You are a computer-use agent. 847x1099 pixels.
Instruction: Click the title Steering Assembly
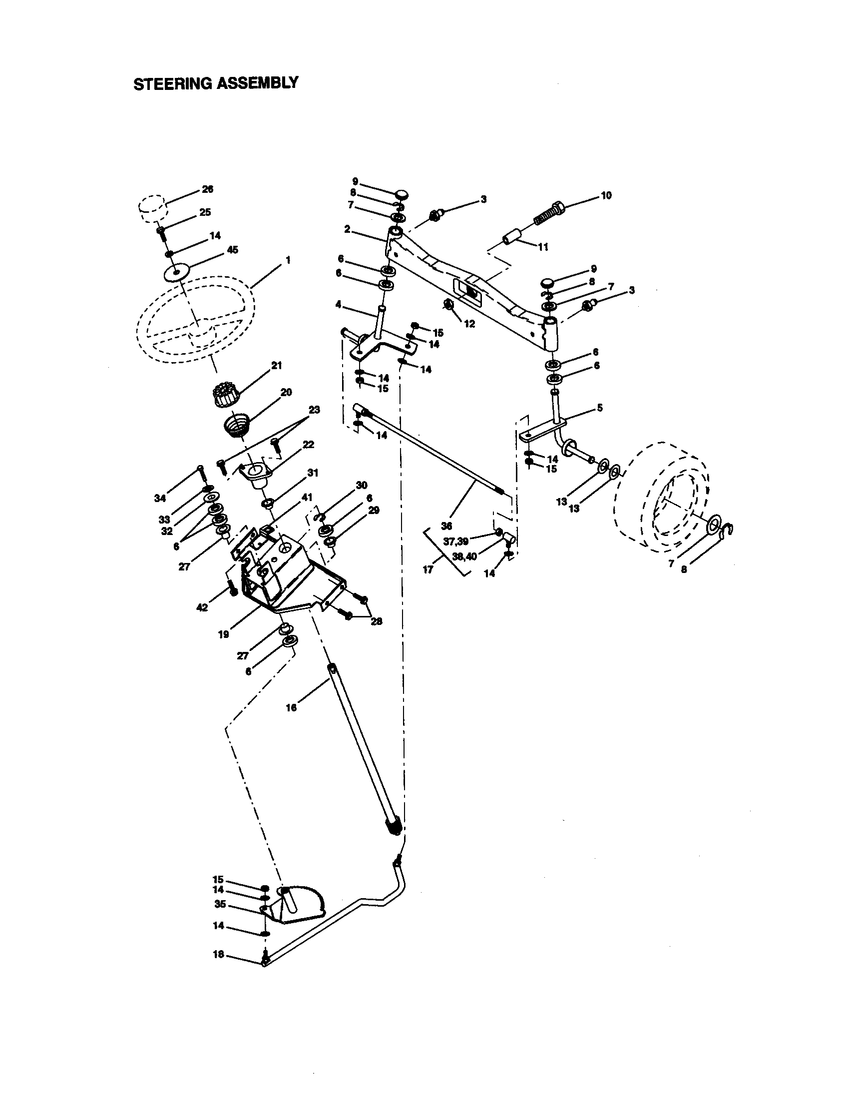tap(216, 83)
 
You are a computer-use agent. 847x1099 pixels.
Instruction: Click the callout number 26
tap(208, 189)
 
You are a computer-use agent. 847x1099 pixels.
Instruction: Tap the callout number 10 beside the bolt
tap(606, 196)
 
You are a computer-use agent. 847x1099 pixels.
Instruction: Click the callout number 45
tap(233, 250)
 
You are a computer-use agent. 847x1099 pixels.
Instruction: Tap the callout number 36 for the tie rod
tap(446, 526)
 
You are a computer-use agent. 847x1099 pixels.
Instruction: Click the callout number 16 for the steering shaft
tap(291, 707)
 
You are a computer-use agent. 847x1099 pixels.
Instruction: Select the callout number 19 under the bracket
tap(224, 634)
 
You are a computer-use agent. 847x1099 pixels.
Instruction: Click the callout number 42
tap(202, 608)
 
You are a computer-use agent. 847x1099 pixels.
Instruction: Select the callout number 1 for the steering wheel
tap(288, 260)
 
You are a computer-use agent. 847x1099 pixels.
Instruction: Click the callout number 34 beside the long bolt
tap(160, 498)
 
